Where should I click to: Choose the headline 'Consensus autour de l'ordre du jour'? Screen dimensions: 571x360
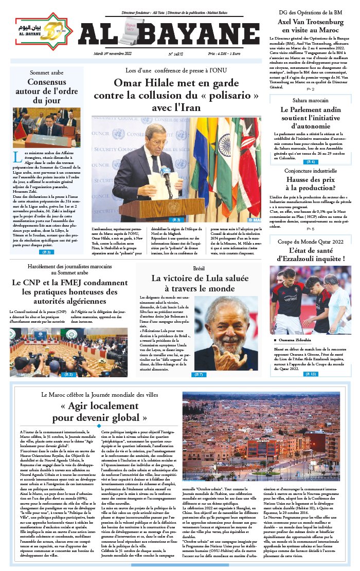46,91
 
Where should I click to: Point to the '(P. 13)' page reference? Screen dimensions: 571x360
311,374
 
